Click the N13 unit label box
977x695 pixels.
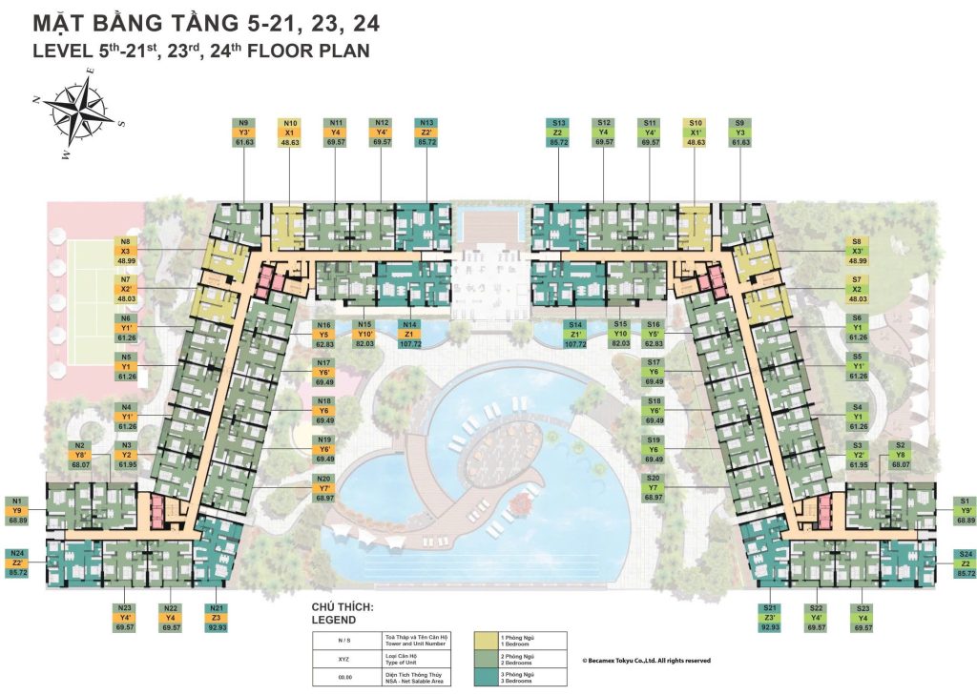pos(428,133)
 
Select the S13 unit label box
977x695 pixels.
pos(558,133)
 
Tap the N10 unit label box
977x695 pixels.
pos(290,133)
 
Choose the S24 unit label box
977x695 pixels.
pos(967,563)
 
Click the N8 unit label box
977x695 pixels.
pos(126,251)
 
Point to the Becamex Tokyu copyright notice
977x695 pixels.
pos(646,660)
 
